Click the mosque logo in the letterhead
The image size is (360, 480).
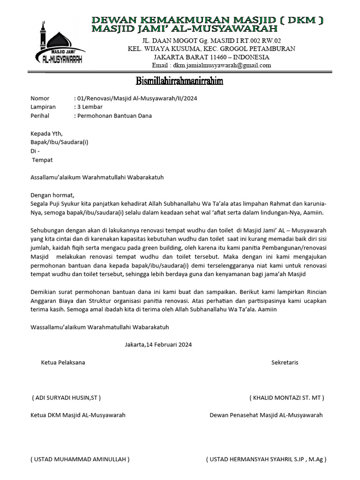60,44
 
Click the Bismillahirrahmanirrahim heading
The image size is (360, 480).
180,82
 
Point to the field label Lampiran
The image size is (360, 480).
43,107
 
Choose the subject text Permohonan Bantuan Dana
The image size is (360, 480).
114,116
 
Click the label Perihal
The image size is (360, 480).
40,116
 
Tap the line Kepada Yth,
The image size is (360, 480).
46,134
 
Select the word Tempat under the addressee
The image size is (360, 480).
42,160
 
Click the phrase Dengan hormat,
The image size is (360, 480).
52,195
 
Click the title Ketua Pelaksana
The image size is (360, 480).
63,362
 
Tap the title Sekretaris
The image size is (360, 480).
285,362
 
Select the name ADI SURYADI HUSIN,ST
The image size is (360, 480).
66,397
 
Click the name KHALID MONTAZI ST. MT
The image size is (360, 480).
287,397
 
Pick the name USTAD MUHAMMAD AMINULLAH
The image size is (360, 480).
80,459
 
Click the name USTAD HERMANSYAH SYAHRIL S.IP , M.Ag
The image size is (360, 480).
266,459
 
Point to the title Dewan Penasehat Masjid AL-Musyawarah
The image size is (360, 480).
266,415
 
